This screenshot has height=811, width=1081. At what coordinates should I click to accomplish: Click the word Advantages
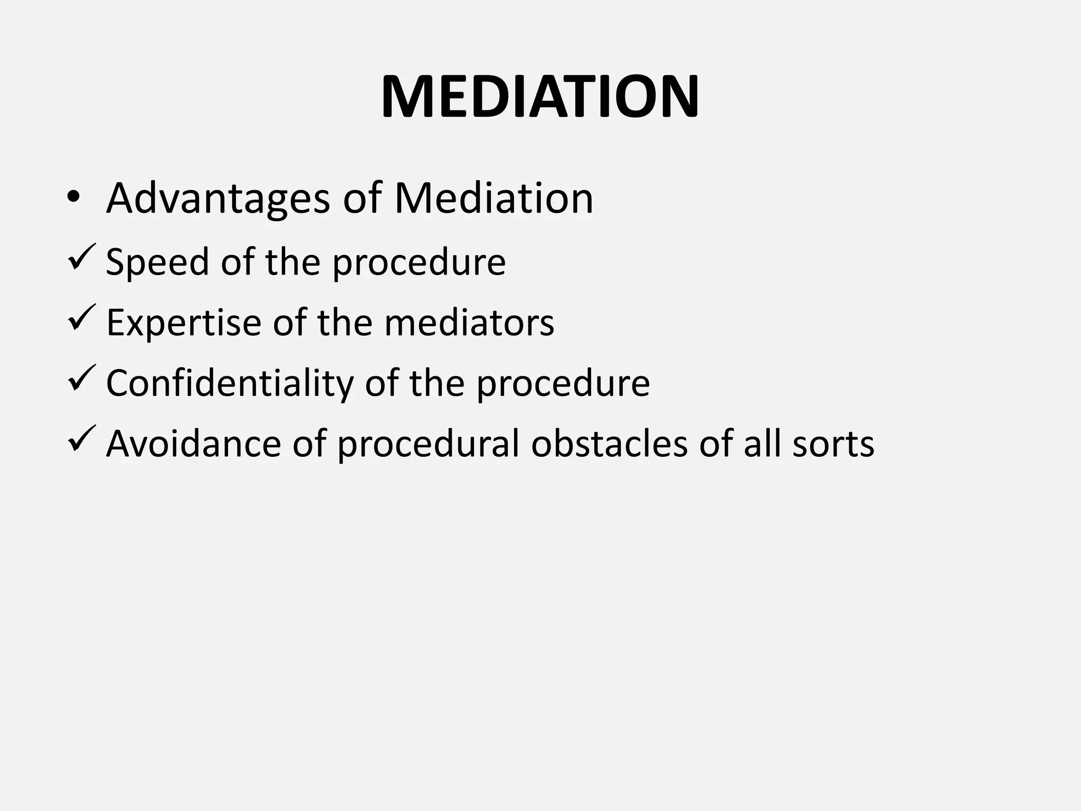tap(218, 199)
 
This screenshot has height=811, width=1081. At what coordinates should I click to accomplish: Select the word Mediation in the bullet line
tap(494, 199)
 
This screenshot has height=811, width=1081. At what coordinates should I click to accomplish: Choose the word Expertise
tap(184, 323)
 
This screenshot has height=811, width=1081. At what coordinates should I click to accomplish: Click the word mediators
tap(469, 323)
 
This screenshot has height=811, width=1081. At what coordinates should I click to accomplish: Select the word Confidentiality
tap(230, 383)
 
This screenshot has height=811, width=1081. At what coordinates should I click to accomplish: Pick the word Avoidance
tap(194, 444)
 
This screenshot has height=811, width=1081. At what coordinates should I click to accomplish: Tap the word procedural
tap(428, 444)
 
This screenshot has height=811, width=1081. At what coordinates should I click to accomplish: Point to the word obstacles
tap(609, 444)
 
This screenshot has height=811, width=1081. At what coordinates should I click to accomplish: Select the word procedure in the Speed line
tap(419, 262)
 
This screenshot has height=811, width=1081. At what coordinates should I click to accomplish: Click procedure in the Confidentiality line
tap(563, 384)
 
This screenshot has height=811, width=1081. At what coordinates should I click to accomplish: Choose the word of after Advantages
tap(362, 199)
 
